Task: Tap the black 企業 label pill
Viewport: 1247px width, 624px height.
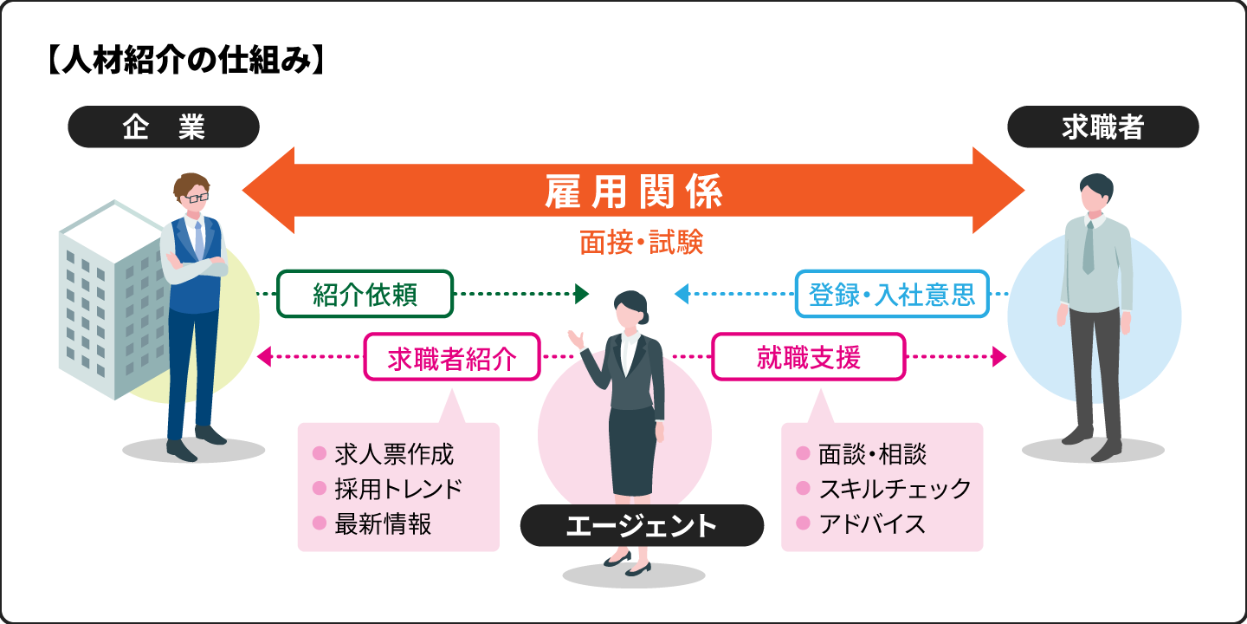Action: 164,127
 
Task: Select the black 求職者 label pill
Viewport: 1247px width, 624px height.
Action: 1102,127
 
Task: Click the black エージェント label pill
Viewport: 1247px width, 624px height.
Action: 642,525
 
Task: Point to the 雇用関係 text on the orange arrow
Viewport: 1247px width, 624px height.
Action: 633,192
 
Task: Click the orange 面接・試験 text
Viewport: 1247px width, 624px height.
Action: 641,243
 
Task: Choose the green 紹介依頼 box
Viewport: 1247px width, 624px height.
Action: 365,295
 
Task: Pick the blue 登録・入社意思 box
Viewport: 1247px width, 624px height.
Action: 892,295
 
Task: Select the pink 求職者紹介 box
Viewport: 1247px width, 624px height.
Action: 452,357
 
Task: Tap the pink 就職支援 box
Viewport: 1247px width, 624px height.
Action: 808,357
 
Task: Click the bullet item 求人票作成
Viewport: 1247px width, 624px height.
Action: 393,453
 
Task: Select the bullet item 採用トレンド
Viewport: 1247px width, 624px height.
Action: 398,489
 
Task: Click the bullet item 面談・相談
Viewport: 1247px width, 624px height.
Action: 872,453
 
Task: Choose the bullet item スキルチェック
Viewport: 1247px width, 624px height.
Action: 895,489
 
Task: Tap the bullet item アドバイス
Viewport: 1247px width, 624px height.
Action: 871,523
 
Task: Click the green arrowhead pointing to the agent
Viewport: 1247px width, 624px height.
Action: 582,295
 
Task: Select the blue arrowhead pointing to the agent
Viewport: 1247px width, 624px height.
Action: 682,295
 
